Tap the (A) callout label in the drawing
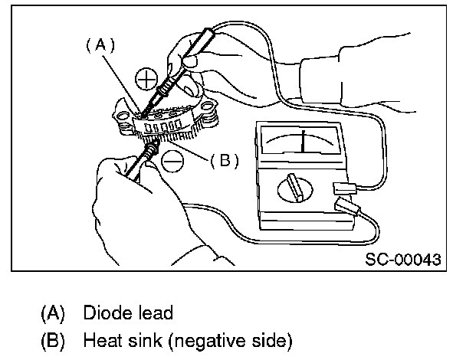tap(100, 45)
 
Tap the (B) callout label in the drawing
tap(225, 160)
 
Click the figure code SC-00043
tap(403, 260)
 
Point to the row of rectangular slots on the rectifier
tap(161, 125)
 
